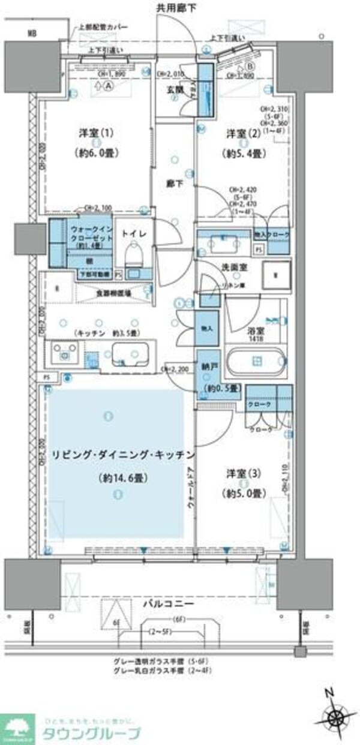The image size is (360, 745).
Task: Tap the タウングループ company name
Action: pos(91,733)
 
